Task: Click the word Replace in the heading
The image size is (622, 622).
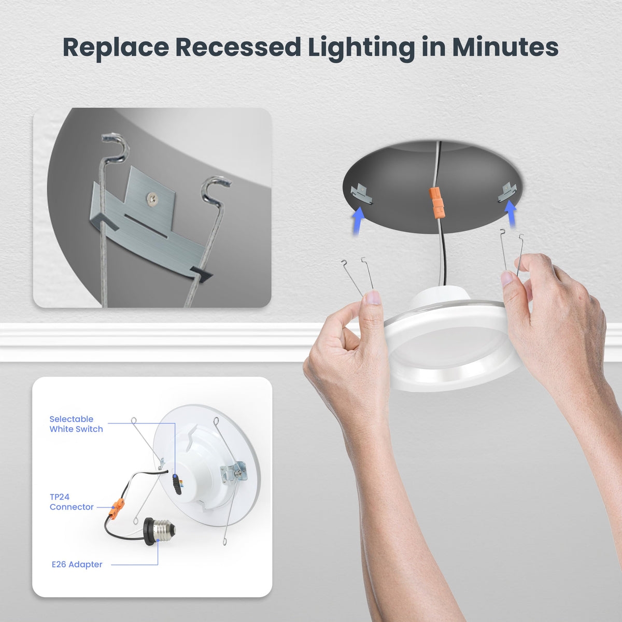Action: [x=116, y=48]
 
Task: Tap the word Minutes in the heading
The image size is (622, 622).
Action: [x=505, y=48]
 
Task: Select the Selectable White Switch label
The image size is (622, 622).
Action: [x=76, y=424]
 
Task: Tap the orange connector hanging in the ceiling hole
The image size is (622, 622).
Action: [x=436, y=203]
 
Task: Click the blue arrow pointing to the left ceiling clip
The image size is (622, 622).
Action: [x=358, y=221]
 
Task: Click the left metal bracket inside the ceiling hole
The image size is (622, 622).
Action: [x=361, y=193]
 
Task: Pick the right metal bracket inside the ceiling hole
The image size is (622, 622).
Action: [x=507, y=192]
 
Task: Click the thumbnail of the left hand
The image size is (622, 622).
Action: [x=373, y=298]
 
